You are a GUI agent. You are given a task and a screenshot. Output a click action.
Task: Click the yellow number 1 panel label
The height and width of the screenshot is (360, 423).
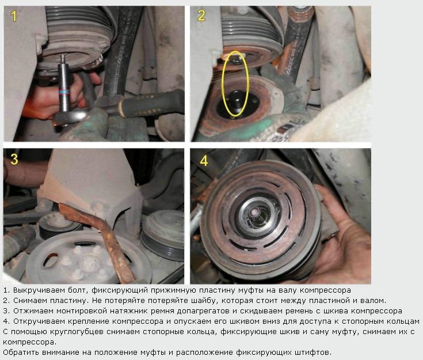[x=13, y=16]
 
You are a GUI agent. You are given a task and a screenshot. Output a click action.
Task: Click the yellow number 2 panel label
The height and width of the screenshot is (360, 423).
[x=201, y=16]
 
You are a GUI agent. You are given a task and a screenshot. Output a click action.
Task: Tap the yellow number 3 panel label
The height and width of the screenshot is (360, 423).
[x=14, y=160]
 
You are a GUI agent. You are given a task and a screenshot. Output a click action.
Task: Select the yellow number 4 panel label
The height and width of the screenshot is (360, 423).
[x=204, y=161]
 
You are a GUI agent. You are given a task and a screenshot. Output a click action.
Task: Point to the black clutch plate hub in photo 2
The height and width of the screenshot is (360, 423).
[x=235, y=103]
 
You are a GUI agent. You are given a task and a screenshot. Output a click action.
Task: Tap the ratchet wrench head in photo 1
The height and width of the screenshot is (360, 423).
[x=71, y=117]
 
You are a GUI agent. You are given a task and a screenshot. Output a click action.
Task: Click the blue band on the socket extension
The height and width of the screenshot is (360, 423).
[x=64, y=92]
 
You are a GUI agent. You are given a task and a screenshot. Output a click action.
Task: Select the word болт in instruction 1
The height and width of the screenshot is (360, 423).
[x=78, y=290]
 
